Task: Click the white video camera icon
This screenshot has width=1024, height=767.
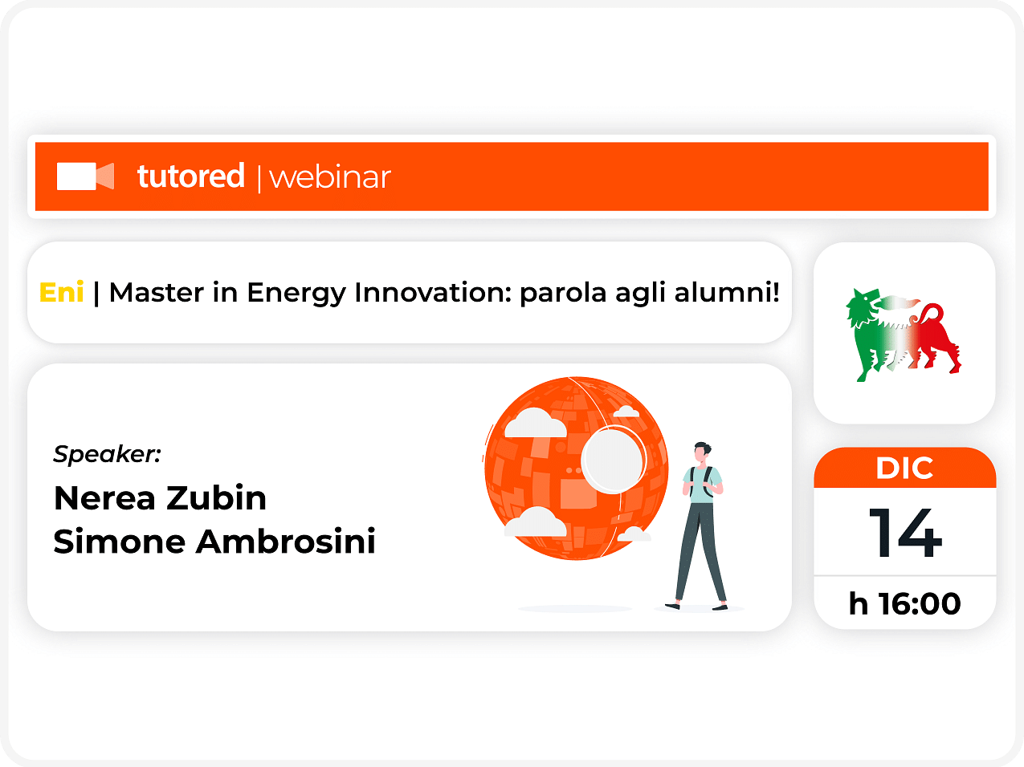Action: point(85,177)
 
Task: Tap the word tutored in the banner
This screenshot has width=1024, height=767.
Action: point(191,176)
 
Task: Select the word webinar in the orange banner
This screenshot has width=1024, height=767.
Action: point(330,177)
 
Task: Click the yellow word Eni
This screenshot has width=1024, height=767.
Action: point(62,293)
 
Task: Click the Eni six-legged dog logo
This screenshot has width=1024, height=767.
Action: point(904,335)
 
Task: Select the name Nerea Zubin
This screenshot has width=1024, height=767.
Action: point(160,498)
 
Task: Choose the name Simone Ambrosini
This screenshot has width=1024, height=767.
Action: point(214,542)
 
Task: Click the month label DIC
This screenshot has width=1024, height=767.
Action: point(904,469)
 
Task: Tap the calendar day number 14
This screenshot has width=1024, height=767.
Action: point(905,533)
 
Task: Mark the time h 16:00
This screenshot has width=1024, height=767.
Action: point(904,603)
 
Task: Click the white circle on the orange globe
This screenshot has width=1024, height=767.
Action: point(612,461)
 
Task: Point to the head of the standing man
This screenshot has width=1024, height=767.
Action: point(702,452)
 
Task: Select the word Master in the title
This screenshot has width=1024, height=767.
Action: point(157,293)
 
